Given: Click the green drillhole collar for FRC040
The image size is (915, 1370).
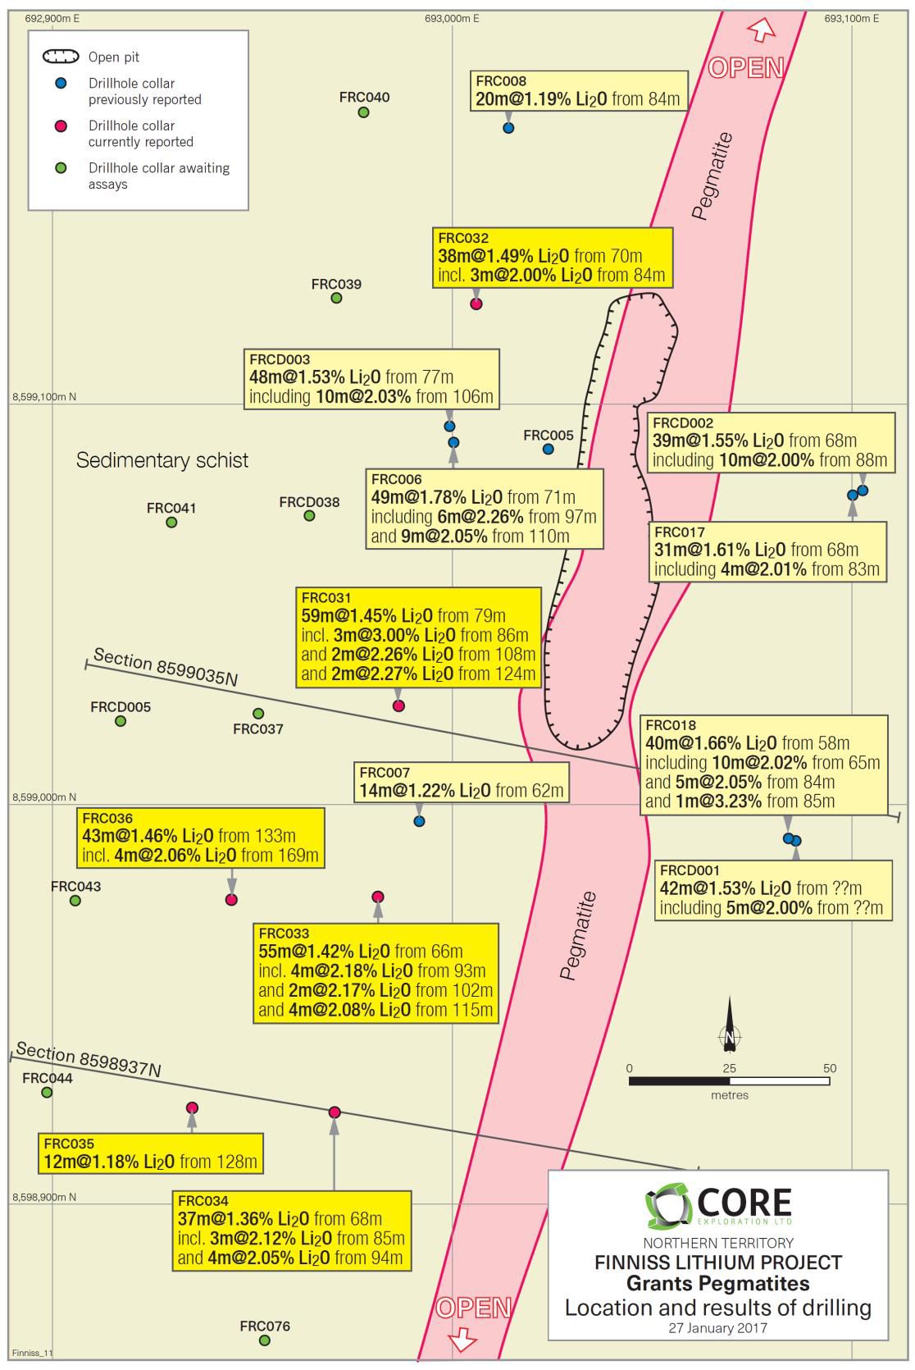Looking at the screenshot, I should click(x=363, y=112).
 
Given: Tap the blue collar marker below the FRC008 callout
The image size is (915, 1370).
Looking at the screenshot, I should click(x=508, y=128).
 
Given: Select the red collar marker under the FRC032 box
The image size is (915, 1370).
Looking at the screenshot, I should click(x=476, y=304).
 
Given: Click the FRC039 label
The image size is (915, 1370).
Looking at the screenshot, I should click(x=336, y=285).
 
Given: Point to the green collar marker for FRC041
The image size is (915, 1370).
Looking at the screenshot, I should click(x=171, y=523).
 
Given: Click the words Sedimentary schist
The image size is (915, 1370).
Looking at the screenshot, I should click(x=162, y=460).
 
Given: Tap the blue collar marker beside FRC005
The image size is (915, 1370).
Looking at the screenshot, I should click(x=549, y=449).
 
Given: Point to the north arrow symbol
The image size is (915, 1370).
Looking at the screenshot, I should click(x=730, y=1025).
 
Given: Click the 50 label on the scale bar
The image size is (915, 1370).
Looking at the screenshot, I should click(x=830, y=1068).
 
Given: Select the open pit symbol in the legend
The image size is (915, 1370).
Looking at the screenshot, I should click(x=61, y=57).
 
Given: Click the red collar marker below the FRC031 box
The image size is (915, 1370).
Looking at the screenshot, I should click(x=399, y=706).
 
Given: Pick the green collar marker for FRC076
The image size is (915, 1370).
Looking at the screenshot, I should click(x=265, y=1340).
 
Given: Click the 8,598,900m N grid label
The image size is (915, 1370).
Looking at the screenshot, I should click(x=44, y=1197).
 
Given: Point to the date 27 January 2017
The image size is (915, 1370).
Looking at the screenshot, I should click(x=717, y=1328).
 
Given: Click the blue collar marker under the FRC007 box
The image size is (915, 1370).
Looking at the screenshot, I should click(x=419, y=821).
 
